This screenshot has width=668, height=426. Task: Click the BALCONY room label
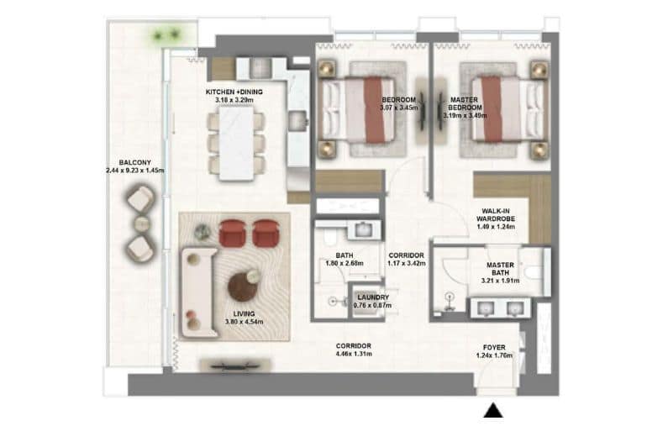click(135, 163)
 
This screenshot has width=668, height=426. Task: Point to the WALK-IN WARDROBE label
click(492, 216)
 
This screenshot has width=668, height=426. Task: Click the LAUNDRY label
click(372, 297)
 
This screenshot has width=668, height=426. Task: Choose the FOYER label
click(493, 346)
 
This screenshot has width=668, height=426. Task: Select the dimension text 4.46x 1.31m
click(354, 355)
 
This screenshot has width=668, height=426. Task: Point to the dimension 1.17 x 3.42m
click(406, 263)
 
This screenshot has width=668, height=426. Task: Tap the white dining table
click(237, 142)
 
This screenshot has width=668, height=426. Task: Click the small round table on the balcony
click(141, 224)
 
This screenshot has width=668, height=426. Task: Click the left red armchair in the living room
click(231, 232)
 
